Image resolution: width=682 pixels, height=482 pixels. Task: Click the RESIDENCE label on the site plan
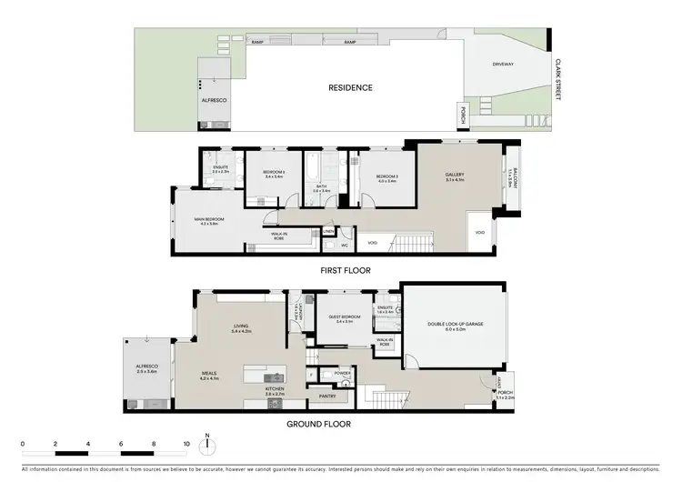pyautogui.click(x=350, y=88)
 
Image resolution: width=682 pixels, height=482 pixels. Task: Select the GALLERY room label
pyautogui.click(x=455, y=176)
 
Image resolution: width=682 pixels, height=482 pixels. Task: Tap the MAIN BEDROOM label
pyautogui.click(x=208, y=220)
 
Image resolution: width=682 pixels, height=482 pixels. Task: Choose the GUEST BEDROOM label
pyautogui.click(x=344, y=317)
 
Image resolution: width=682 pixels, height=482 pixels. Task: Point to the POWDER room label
pyautogui.click(x=343, y=372)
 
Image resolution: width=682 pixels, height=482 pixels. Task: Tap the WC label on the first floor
pyautogui.click(x=346, y=246)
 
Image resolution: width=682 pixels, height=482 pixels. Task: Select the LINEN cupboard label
pyautogui.click(x=328, y=232)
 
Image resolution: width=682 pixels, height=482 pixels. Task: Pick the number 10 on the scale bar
pyautogui.click(x=186, y=444)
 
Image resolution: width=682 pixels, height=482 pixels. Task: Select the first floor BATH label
pyautogui.click(x=321, y=187)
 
